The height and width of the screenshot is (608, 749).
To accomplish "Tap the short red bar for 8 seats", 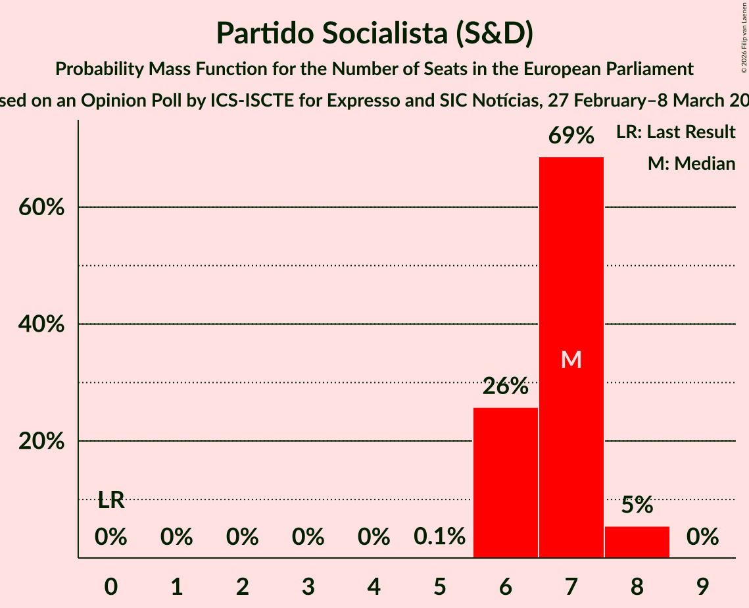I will coord(637,542).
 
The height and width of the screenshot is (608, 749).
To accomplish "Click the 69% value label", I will coord(571,136).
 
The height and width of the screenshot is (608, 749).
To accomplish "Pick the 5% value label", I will coord(637,505).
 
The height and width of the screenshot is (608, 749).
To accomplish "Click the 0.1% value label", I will coord(439,537).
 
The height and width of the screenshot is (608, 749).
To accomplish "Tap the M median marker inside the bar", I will coord(571,359).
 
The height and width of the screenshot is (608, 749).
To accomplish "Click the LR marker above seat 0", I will coord(111,500).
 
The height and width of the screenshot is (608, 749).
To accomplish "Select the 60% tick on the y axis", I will coord(41,207).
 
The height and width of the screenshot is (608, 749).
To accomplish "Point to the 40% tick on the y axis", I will coord(41,324).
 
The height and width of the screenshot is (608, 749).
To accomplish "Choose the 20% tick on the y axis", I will coord(41,442).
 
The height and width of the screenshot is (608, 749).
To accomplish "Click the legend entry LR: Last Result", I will coord(675,132).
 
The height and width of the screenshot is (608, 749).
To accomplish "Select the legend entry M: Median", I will coord(691,163).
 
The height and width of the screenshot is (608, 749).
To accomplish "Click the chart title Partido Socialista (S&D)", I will coord(374,33).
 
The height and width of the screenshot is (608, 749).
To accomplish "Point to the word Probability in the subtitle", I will coord(97,68).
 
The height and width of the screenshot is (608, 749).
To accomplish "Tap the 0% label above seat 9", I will coord(702,537).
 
